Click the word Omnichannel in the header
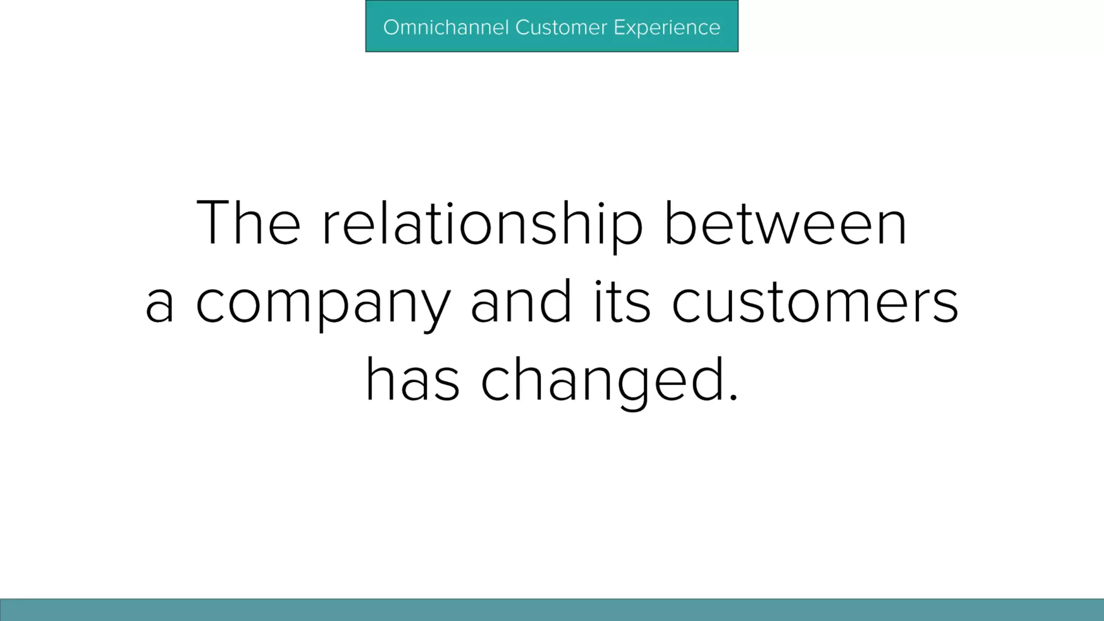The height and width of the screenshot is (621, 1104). tap(446, 27)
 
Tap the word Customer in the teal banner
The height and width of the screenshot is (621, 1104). tap(561, 27)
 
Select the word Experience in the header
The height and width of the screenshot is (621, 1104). tap(667, 28)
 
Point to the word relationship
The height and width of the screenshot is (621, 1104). tap(482, 226)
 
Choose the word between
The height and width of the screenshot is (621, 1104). tap(785, 222)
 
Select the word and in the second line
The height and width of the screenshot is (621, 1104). tap(521, 301)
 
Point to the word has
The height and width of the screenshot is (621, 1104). tap(413, 379)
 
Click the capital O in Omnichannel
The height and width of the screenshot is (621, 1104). tap(392, 27)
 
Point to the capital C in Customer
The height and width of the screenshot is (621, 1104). tap(523, 27)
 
